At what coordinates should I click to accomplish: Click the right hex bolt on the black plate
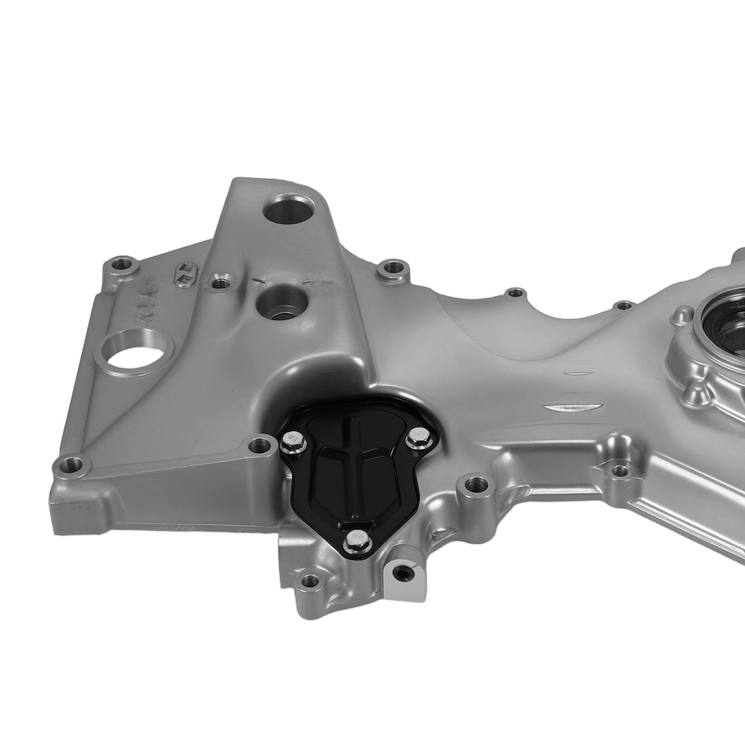click(x=417, y=438)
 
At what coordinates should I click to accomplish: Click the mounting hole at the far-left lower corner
click(x=69, y=467)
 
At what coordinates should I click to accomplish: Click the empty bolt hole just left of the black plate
click(x=259, y=446)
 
